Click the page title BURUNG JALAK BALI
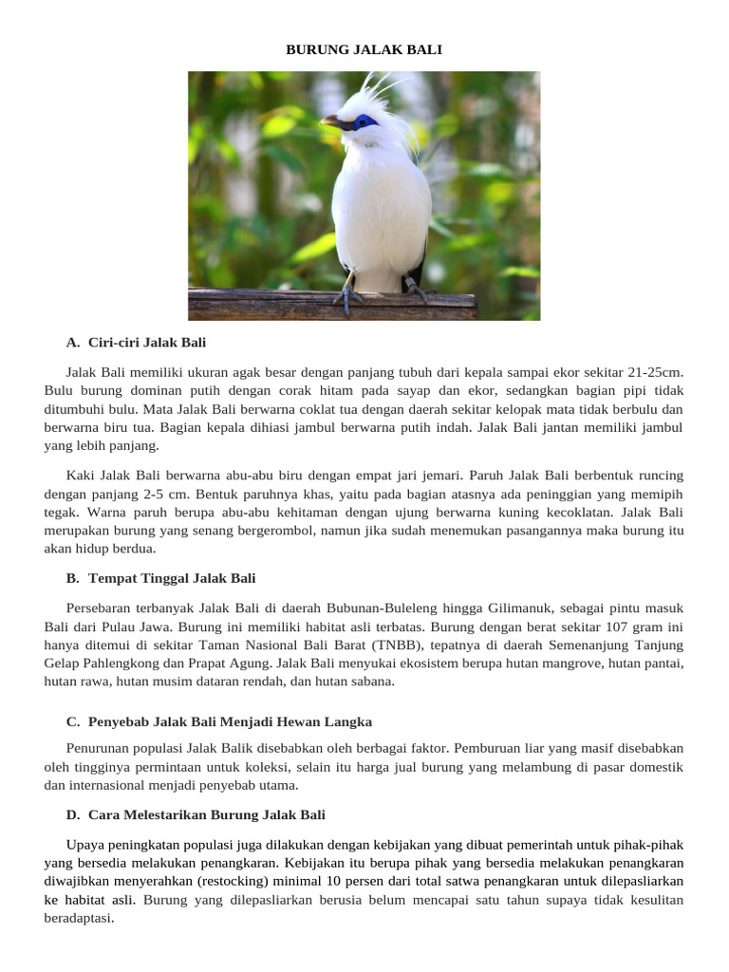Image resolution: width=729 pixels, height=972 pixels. (364, 49)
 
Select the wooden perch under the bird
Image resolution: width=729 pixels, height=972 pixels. (332, 305)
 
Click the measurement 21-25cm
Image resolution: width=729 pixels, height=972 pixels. (652, 372)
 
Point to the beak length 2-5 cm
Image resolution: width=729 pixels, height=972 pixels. (167, 495)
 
